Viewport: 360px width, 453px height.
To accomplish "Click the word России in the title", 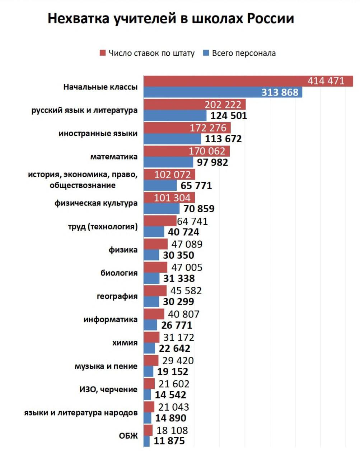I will [x=270, y=19].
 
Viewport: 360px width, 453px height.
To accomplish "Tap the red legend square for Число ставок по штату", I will [x=103, y=53].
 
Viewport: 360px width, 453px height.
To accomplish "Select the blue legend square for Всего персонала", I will [x=206, y=53].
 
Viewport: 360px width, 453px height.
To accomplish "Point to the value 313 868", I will [x=280, y=92].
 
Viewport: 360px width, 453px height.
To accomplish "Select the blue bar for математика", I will [x=168, y=162].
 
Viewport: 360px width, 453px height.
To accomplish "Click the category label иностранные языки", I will [x=98, y=134].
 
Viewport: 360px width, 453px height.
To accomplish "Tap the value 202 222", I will [x=223, y=105].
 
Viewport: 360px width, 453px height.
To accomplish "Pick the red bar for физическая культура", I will [x=169, y=198].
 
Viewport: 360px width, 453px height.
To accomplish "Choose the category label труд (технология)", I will [x=103, y=227].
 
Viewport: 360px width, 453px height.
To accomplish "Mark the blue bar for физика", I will [x=151, y=255].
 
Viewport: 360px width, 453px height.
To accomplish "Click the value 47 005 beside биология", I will [x=187, y=267].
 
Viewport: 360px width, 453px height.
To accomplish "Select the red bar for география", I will [x=155, y=291].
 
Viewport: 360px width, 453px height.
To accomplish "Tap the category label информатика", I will [x=110, y=319].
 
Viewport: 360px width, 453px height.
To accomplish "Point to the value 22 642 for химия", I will [x=176, y=348].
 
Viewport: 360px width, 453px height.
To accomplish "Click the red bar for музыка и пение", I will [x=151, y=360].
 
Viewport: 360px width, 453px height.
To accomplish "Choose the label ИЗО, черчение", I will [x=108, y=389].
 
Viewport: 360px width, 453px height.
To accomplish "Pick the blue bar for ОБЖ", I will [x=146, y=441].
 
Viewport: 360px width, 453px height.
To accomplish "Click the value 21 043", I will [x=173, y=407].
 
